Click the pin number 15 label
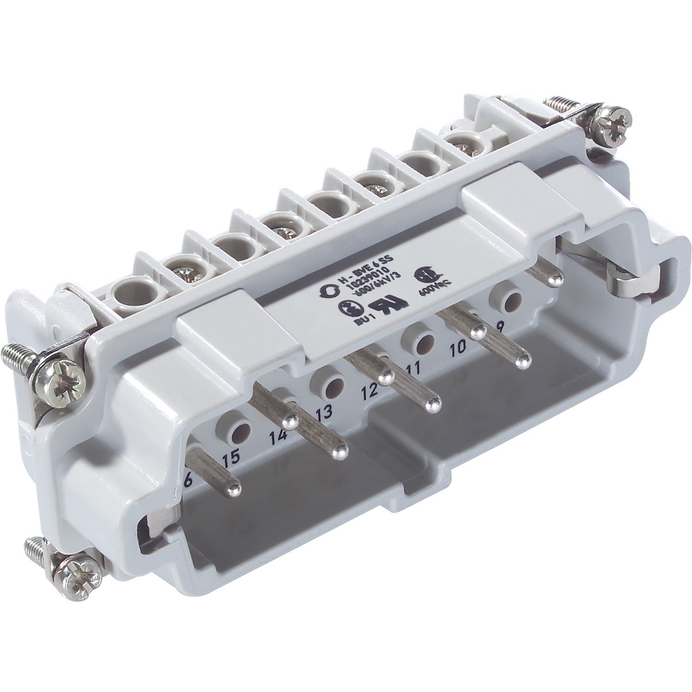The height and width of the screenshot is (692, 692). (x=231, y=459)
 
